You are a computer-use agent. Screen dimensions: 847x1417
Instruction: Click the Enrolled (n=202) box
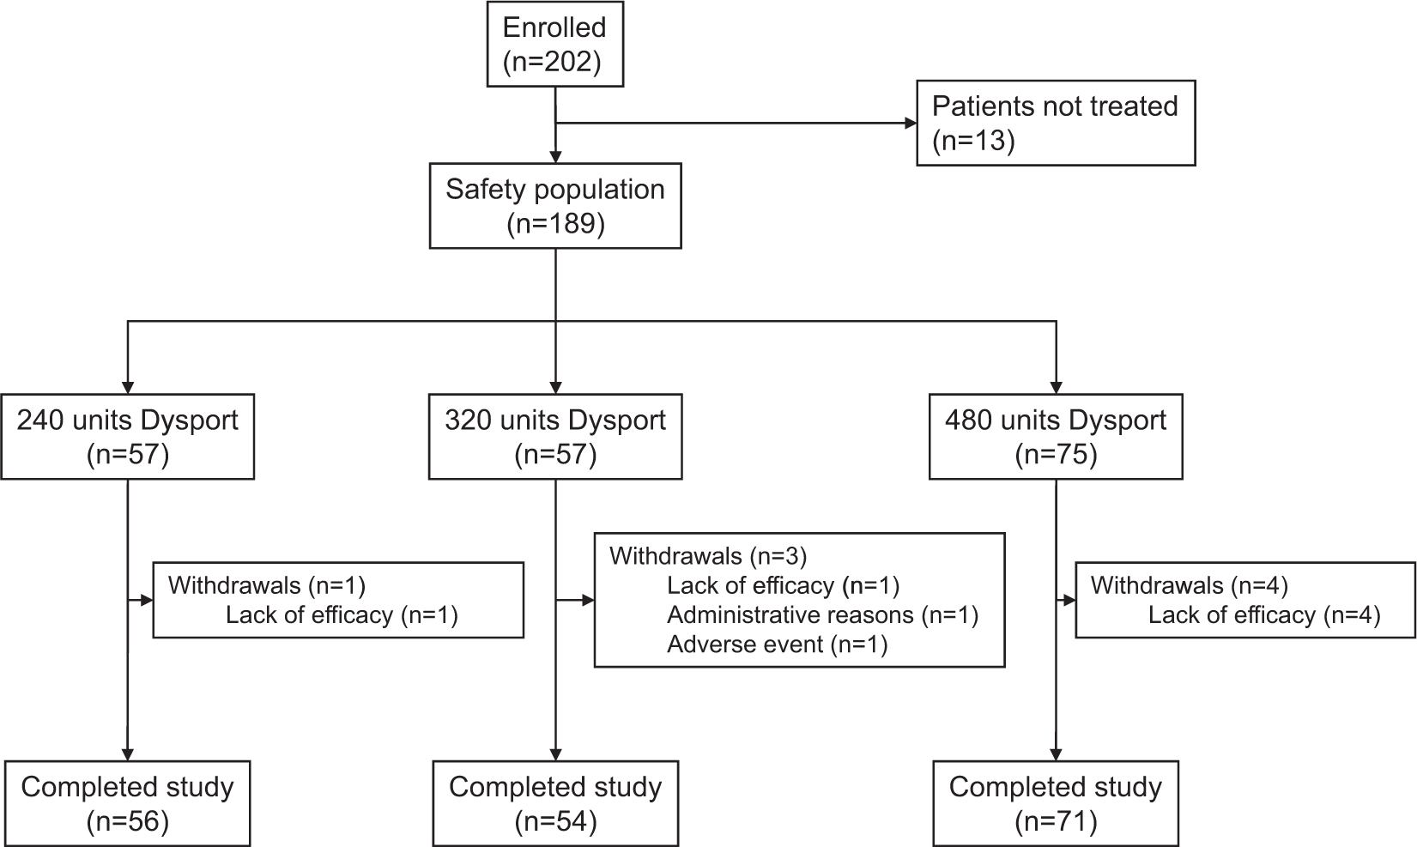(554, 45)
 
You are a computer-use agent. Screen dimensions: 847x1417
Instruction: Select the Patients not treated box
(1055, 123)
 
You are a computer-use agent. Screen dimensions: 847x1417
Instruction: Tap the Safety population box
(555, 206)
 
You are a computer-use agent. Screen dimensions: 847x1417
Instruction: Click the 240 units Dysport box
(128, 437)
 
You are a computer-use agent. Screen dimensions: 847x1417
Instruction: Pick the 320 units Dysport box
(555, 437)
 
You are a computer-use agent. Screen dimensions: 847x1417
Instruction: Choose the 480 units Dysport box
(1056, 437)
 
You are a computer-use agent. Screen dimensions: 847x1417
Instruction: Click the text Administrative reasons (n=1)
(822, 614)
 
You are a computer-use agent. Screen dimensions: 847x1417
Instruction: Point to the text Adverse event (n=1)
(777, 644)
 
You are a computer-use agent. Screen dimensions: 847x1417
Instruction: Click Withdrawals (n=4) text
(1189, 585)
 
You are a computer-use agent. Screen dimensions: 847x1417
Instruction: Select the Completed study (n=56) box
(128, 803)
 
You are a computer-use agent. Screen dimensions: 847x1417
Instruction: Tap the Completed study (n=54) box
(555, 803)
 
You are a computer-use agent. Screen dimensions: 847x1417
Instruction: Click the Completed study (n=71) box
(1056, 803)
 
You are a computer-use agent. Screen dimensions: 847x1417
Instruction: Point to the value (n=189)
(555, 224)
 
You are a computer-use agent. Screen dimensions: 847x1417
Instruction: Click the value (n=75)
(1056, 454)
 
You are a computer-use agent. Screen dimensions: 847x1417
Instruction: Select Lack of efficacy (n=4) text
(1263, 614)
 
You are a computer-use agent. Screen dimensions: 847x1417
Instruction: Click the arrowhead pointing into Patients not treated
(910, 124)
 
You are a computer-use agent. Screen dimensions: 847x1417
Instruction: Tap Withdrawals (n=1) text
(266, 585)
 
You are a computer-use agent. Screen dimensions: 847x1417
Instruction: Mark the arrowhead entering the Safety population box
(556, 157)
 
